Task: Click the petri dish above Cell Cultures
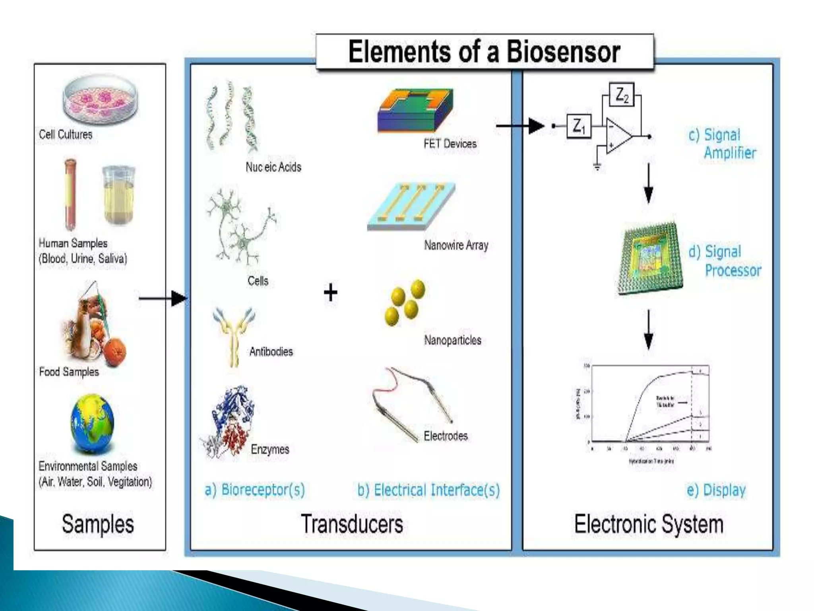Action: tap(101, 99)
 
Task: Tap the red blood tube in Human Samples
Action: tap(70, 195)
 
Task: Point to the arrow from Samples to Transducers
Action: tap(163, 298)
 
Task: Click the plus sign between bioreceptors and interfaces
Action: tap(330, 293)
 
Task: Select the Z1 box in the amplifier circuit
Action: tap(579, 126)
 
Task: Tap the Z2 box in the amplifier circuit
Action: tap(622, 95)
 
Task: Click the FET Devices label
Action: tap(450, 144)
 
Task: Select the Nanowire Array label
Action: tap(456, 245)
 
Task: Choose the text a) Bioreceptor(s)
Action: tap(255, 489)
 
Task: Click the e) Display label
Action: tap(716, 490)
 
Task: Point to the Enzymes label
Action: tap(270, 449)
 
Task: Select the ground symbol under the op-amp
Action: tap(597, 167)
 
